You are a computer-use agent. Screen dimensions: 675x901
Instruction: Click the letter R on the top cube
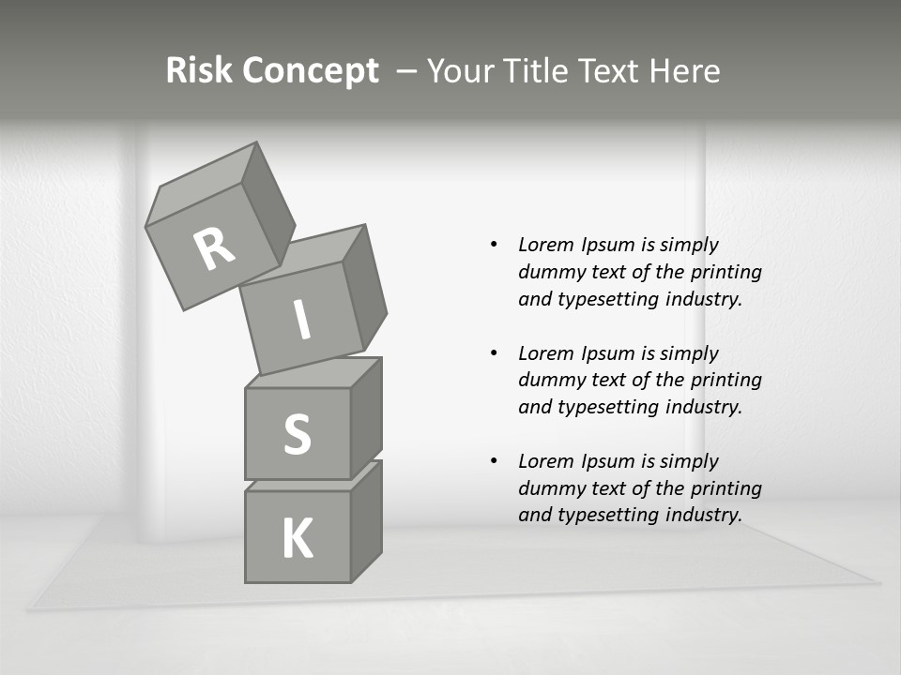214,249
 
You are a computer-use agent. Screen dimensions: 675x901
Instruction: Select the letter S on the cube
297,434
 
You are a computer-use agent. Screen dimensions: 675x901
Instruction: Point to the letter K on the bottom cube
298,539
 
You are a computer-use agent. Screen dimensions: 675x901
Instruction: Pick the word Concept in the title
310,70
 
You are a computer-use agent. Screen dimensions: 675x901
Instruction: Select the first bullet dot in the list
494,245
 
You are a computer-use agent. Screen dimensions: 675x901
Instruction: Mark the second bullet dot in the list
494,353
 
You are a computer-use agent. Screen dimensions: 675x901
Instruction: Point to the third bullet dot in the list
494,461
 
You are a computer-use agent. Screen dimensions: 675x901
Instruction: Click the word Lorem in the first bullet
545,245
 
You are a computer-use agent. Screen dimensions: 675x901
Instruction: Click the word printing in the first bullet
725,272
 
